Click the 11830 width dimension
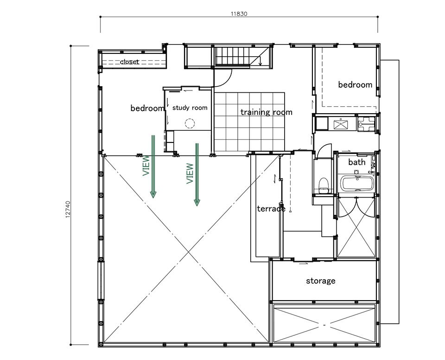click(239, 13)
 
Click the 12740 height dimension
click(68, 209)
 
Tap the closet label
click(129, 62)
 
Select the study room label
click(190, 108)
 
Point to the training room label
click(266, 112)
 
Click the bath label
click(357, 162)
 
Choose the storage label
click(320, 281)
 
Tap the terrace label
click(271, 209)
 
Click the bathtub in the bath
click(357, 183)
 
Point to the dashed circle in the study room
click(190, 123)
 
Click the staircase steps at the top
click(232, 56)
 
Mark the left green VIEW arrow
click(153, 166)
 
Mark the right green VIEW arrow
click(197, 174)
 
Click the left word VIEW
click(146, 166)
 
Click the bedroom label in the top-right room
click(355, 85)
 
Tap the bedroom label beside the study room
click(147, 108)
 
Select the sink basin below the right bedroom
click(341, 124)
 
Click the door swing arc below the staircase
click(226, 81)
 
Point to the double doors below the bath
click(356, 209)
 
